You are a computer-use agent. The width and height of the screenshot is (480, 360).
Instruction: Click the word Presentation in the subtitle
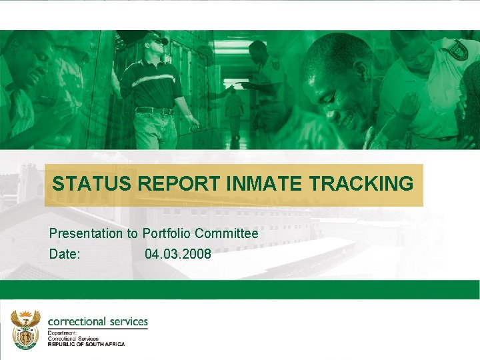click(x=86, y=234)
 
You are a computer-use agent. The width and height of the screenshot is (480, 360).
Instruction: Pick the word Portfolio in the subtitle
click(x=167, y=234)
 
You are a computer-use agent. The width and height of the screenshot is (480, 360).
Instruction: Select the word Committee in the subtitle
click(x=227, y=234)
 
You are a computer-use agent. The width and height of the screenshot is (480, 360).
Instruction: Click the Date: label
click(x=65, y=254)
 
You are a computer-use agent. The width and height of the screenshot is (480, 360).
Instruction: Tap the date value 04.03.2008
click(x=177, y=254)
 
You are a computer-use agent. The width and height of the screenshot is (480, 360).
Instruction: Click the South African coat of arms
click(x=25, y=329)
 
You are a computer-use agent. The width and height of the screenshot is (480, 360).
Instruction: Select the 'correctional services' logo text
click(x=97, y=321)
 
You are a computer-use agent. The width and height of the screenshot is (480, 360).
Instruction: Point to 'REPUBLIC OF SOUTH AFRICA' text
click(x=86, y=344)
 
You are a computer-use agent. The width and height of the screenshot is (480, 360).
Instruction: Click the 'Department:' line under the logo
click(x=62, y=333)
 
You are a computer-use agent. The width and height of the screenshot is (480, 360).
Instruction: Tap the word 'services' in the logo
click(x=127, y=321)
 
